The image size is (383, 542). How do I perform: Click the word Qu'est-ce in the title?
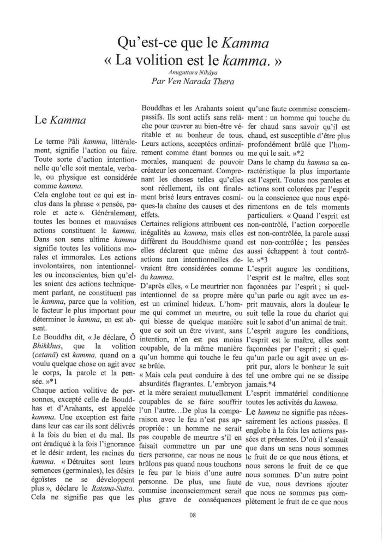(149, 39)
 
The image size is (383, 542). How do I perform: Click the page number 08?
(191, 514)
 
